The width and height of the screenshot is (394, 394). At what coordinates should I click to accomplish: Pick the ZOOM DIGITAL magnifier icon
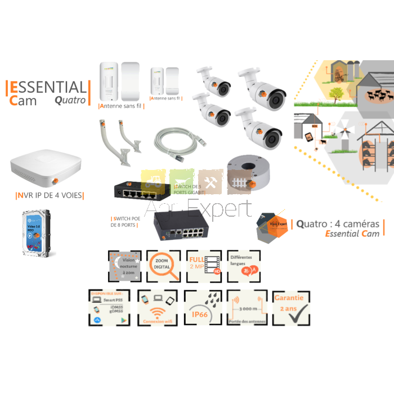pos(163,266)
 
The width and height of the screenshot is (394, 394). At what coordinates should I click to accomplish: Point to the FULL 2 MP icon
pos(204,266)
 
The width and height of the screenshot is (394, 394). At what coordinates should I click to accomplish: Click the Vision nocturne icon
pos(124,266)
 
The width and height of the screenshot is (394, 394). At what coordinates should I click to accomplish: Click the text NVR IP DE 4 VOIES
pos(49,196)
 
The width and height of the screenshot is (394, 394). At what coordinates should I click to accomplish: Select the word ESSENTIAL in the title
pos(47,87)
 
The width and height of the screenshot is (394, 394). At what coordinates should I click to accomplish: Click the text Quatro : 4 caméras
pos(338,223)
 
